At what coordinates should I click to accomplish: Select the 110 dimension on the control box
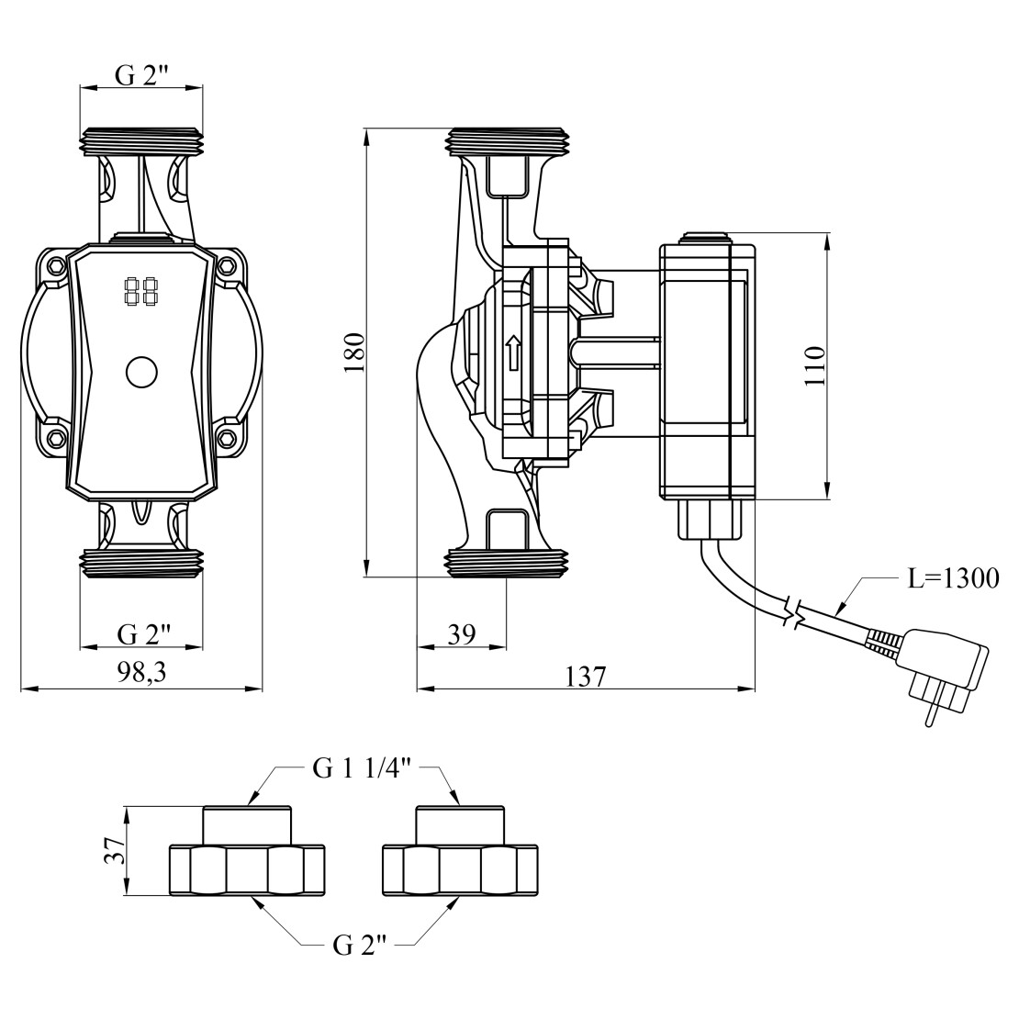815,365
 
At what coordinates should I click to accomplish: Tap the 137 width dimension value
586,677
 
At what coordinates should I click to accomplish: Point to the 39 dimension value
462,634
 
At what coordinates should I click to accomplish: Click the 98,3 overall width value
140,674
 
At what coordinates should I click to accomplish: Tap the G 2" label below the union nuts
355,946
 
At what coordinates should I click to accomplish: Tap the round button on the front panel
141,372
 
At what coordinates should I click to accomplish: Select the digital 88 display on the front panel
140,293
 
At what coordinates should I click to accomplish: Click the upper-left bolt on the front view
57,266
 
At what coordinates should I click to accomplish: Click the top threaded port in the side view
508,142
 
